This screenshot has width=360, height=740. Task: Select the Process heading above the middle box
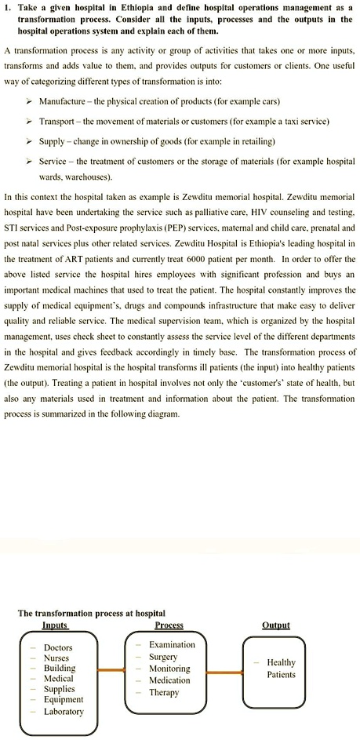(x=169, y=625)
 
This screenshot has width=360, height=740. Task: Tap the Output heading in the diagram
(x=275, y=625)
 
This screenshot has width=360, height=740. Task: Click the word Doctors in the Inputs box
(x=58, y=647)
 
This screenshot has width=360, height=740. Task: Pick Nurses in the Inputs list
(x=56, y=658)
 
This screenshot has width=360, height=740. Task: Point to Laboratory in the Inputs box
(x=64, y=711)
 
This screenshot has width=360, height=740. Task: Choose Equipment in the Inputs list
(x=63, y=699)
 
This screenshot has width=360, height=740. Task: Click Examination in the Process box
(x=172, y=644)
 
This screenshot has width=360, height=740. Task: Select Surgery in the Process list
(x=163, y=656)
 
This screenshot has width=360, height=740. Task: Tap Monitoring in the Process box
(x=169, y=669)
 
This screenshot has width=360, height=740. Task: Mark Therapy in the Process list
(x=164, y=692)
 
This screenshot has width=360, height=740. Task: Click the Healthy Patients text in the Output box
(x=282, y=668)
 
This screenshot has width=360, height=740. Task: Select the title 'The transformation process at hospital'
(x=92, y=613)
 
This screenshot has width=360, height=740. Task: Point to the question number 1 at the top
(x=8, y=6)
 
